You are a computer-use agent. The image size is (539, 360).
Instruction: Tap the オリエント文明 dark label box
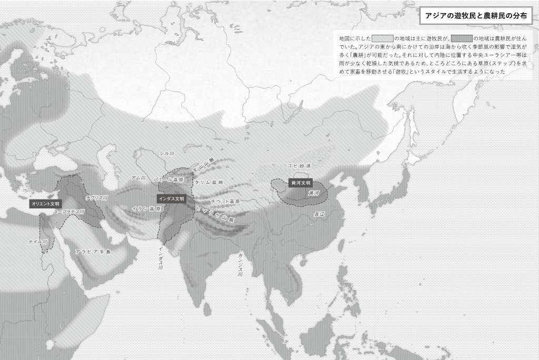coord(46,203)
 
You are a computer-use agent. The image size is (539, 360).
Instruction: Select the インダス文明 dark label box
coord(172,199)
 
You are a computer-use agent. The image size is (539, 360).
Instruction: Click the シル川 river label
coord(167,153)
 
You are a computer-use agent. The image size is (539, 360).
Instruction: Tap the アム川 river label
coord(138,178)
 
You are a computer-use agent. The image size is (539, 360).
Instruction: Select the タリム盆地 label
coord(209,182)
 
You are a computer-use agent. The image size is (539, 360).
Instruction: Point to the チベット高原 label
coord(225,202)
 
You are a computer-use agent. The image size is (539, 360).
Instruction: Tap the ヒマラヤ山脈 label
coord(214,215)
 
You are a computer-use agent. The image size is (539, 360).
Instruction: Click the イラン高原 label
coord(146,209)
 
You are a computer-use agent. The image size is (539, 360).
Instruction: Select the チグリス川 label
coord(97,198)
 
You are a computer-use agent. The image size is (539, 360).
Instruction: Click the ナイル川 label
coord(38,242)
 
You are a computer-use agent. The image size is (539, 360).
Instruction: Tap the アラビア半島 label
coord(93,252)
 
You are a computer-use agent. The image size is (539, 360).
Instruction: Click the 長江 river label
coord(320,214)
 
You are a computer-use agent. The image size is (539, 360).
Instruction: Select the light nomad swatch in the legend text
coord(383,38)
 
